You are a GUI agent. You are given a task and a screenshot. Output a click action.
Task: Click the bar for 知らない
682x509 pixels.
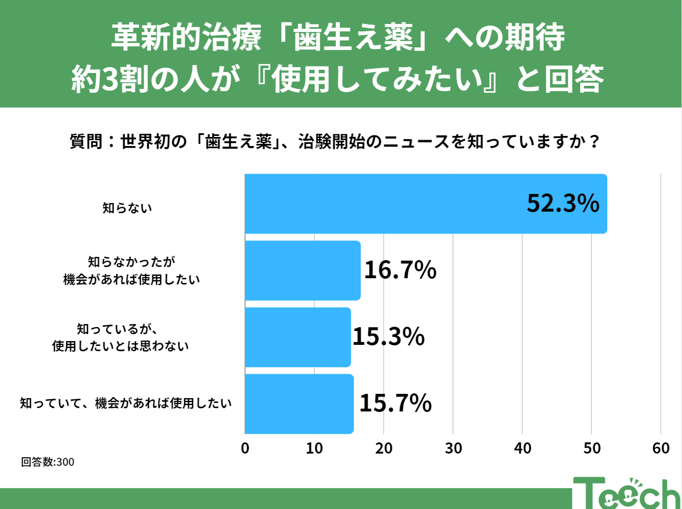coord(426,204)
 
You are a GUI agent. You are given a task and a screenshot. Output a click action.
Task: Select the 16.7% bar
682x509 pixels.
coord(303,270)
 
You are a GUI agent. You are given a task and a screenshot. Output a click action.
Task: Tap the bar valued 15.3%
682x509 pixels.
coord(298,337)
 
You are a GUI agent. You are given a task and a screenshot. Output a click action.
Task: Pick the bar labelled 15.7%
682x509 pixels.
coord(299,403)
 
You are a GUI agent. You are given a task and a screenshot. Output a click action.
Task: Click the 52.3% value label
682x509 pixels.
coord(563,204)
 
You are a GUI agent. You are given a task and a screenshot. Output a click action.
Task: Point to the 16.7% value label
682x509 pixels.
coord(400,270)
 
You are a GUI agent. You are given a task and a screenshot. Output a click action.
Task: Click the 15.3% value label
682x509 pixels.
coord(388,337)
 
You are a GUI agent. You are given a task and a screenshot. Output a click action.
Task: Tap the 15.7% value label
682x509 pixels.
coord(395,403)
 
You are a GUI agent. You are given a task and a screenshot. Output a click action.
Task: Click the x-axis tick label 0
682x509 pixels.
coord(245,448)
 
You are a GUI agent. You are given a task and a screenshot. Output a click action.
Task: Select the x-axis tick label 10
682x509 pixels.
coord(314,448)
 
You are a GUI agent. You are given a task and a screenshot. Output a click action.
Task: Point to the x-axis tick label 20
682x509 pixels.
coord(384,448)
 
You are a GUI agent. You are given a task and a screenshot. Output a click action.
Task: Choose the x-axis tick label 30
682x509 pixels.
coord(453,448)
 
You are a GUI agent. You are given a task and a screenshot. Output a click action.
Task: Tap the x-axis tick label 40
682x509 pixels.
coord(522,448)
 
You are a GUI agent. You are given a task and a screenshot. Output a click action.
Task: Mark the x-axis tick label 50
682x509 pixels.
coord(592,448)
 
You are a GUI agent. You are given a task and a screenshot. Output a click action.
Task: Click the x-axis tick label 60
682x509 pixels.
coord(661,448)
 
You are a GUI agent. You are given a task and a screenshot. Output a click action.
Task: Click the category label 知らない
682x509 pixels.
coord(128,208)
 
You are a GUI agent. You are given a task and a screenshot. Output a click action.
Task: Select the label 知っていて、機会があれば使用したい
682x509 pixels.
coord(126,403)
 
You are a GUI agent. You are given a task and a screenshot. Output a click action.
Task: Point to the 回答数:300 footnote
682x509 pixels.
coord(47,462)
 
